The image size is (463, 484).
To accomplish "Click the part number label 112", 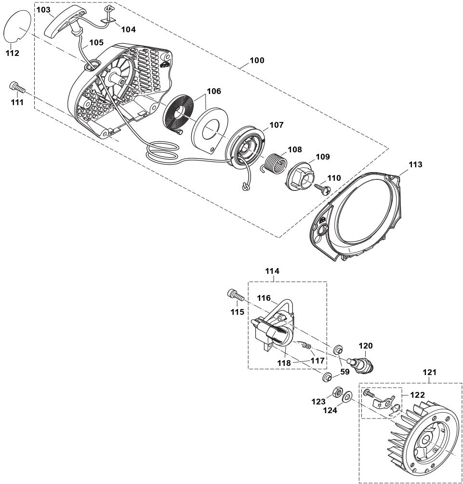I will (12, 53).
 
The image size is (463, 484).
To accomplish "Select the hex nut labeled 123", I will (335, 392).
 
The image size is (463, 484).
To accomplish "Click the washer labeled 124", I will (346, 397).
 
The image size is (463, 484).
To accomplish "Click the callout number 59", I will (345, 372).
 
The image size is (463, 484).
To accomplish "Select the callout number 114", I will (272, 271).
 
